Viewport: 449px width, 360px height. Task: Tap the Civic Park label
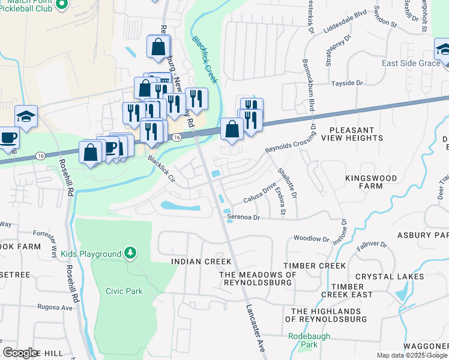[124, 291]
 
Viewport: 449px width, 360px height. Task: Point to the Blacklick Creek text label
[205, 60]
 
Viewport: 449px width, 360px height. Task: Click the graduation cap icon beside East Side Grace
[444, 49]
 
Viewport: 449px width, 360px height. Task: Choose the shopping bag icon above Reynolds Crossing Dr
[232, 128]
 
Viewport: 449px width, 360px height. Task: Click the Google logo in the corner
[20, 353]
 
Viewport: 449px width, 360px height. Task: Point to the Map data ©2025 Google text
[412, 355]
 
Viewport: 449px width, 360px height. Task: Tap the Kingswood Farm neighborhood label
[371, 182]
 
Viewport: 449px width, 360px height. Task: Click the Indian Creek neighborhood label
[201, 262]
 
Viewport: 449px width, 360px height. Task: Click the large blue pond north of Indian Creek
[180, 206]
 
